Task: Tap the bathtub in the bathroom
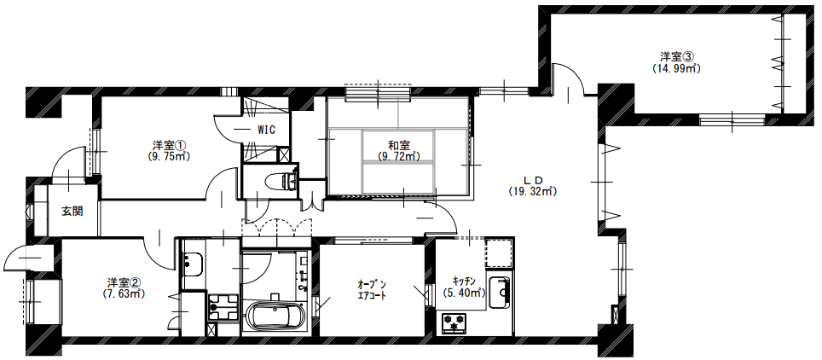coord(274,317)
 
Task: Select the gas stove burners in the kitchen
coord(454,322)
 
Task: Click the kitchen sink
coord(501,293)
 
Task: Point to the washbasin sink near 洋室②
coord(193,264)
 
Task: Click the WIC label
coord(266,130)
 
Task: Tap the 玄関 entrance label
coord(72,212)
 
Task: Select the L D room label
coord(531,179)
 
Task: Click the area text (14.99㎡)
coord(677,67)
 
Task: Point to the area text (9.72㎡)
coord(399,156)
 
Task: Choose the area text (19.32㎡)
coord(531,192)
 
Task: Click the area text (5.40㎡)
coord(463,293)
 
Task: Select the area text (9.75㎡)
coord(168,155)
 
